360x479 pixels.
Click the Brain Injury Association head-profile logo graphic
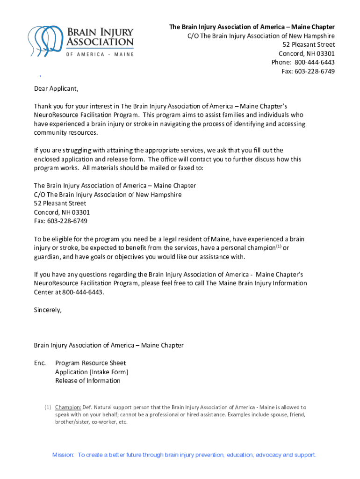click(x=44, y=38)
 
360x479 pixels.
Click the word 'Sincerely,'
click(x=48, y=310)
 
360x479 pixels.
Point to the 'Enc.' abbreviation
click(x=40, y=363)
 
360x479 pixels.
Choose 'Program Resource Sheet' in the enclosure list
click(x=90, y=363)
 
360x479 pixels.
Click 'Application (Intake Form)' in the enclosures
click(x=92, y=372)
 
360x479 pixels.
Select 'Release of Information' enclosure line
click(x=88, y=381)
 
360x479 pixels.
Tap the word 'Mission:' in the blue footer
click(x=63, y=455)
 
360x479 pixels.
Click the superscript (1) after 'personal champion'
click(x=278, y=247)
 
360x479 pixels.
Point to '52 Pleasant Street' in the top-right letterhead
click(x=309, y=44)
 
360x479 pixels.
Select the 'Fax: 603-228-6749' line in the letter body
click(x=60, y=221)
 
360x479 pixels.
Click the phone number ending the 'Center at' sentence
click(x=82, y=292)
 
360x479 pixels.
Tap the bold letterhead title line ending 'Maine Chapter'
click(x=252, y=27)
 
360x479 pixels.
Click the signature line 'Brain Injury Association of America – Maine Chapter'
click(x=108, y=345)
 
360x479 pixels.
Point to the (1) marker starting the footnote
click(x=48, y=407)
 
